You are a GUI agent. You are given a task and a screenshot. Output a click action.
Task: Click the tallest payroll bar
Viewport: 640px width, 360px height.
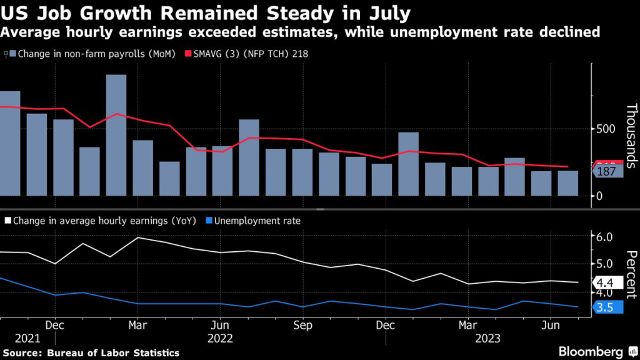116,135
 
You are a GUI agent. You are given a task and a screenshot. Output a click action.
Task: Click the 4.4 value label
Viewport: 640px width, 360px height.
607,283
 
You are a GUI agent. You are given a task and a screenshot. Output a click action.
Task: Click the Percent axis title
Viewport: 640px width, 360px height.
631,274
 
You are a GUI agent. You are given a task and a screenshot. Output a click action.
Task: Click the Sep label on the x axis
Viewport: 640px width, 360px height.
302,325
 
